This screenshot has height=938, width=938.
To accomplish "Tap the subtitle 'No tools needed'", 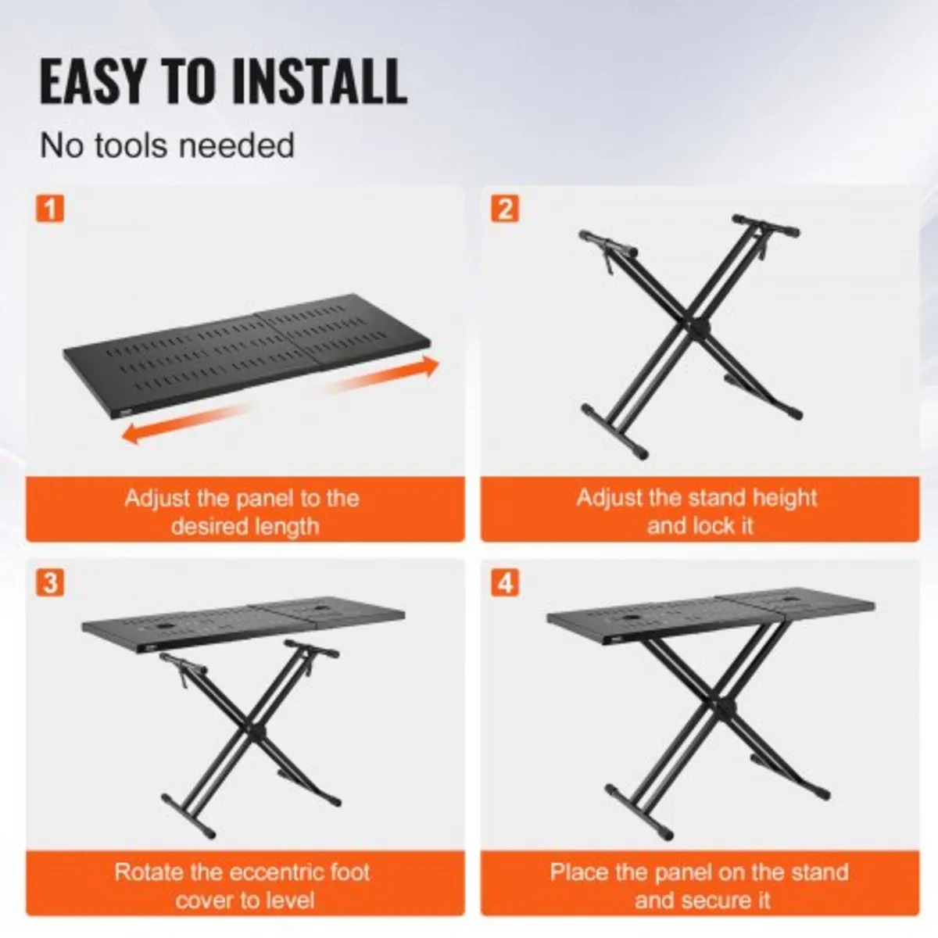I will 167,146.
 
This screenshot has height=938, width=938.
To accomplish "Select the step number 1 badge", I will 50,209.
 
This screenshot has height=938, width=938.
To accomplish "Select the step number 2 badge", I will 504,209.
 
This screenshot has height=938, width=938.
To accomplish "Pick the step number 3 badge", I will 50,583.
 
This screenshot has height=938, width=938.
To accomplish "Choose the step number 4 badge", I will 504,583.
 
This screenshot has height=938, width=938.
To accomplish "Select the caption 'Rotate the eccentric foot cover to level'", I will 242,886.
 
